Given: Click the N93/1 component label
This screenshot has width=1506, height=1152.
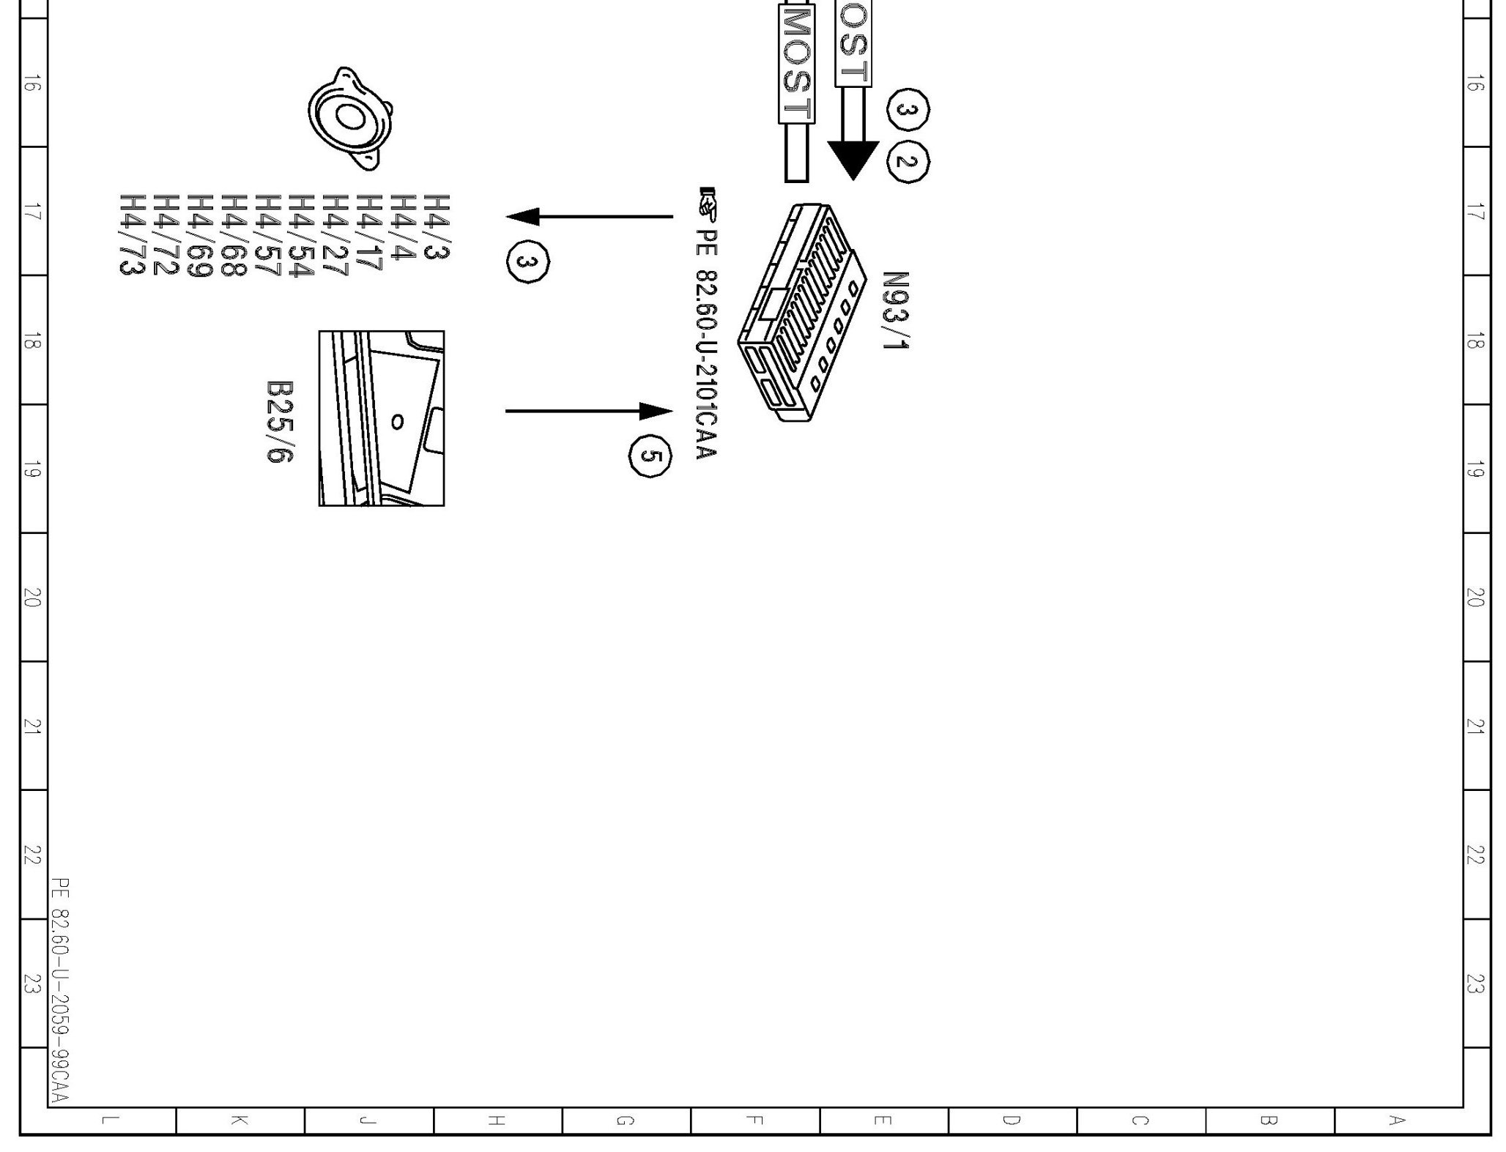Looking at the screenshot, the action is coord(895,311).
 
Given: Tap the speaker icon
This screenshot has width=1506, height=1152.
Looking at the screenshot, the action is coord(350,119).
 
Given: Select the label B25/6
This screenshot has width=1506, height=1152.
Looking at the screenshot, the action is coord(279,421).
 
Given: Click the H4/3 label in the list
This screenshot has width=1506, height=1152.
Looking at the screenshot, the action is coord(437,227).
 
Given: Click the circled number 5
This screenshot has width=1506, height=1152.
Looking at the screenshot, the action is coord(650,456).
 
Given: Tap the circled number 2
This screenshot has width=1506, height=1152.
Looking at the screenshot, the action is coord(908,161).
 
